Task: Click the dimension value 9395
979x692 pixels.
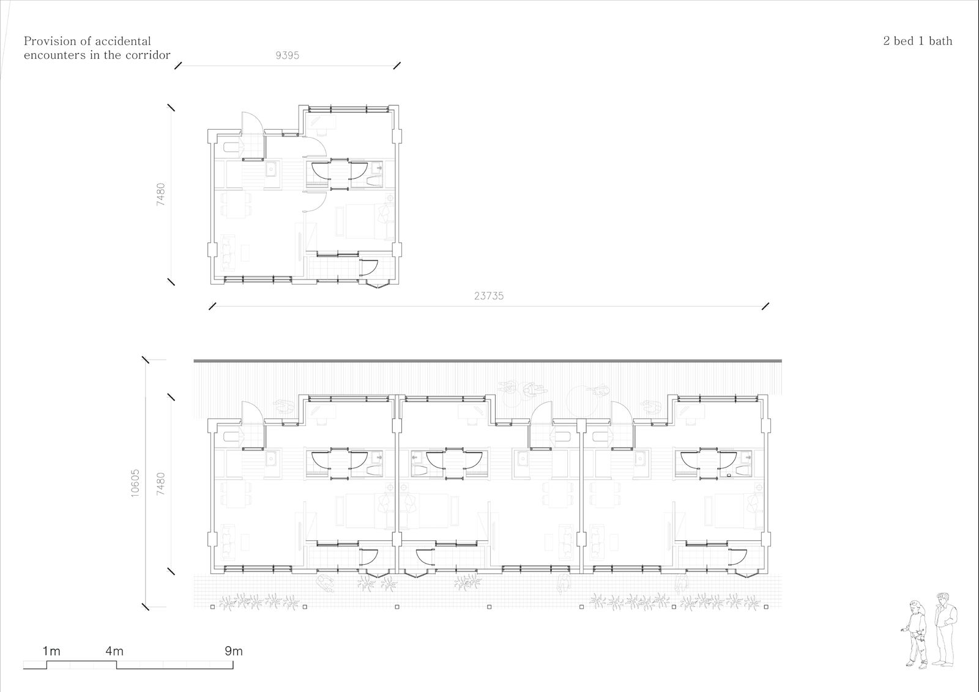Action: [287, 55]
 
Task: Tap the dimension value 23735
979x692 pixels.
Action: [489, 296]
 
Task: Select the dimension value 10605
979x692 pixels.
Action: [135, 483]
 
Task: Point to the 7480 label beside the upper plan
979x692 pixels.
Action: [160, 195]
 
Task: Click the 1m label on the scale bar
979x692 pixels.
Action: [51, 652]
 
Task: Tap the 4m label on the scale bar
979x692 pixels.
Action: [114, 652]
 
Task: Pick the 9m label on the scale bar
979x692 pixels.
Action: [233, 652]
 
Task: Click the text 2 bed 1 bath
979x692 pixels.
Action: [917, 41]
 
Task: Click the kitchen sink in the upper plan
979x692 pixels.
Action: [272, 169]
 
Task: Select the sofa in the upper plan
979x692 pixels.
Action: [227, 251]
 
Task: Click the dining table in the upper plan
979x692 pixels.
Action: [236, 204]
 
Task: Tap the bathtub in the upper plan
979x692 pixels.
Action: [232, 147]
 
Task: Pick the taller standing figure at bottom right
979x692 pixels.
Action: [944, 630]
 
